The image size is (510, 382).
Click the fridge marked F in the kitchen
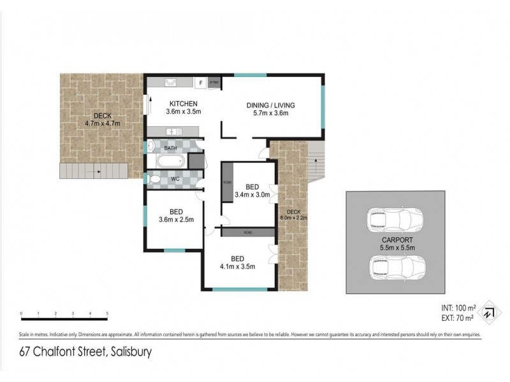[200, 83]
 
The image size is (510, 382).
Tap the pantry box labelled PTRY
[214, 83]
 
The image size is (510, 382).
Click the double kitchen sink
[171, 82]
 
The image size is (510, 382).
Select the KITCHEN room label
[183, 104]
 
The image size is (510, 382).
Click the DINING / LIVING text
[271, 106]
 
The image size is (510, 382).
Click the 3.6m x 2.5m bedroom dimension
[176, 220]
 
